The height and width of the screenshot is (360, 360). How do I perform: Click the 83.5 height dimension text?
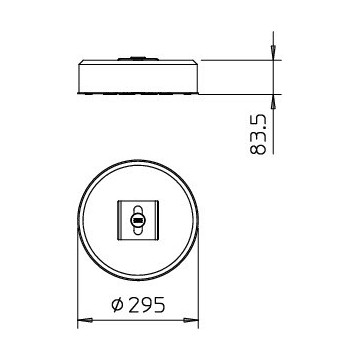click(x=258, y=134)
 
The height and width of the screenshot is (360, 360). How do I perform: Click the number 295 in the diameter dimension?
click(x=147, y=304)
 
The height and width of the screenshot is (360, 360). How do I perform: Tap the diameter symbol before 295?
click(x=118, y=305)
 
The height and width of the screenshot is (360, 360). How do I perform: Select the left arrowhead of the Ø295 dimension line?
click(x=85, y=320)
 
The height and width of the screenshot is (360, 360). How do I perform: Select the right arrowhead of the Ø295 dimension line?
click(x=191, y=320)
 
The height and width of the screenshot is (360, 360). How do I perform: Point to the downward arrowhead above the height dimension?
click(x=273, y=52)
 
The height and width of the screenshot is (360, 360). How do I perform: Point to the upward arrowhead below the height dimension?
click(x=273, y=102)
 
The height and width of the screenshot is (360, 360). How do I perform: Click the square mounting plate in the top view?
click(x=138, y=220)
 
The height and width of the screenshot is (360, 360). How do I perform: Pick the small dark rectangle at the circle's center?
click(x=137, y=220)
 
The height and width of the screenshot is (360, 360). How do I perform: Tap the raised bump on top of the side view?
click(x=137, y=59)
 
